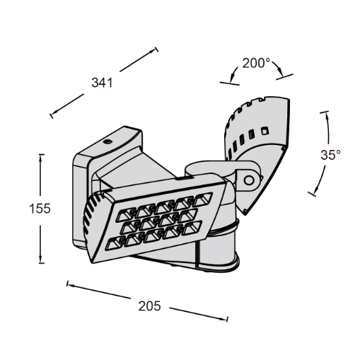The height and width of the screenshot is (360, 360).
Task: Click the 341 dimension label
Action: tap(102, 83)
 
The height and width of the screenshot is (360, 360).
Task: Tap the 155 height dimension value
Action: tap(40, 209)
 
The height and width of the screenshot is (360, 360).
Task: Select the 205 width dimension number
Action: tap(149, 306)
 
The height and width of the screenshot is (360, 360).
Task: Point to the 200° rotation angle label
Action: tap(256, 63)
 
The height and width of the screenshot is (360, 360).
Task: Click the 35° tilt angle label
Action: tap(330, 155)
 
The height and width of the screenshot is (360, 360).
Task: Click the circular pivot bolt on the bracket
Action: tap(249, 180)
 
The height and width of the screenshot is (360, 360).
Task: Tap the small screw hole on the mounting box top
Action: tap(108, 141)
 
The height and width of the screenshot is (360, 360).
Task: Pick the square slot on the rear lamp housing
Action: tap(265, 130)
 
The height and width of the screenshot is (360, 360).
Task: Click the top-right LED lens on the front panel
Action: tap(203, 199)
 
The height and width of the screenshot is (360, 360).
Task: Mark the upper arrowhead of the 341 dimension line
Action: tap(153, 52)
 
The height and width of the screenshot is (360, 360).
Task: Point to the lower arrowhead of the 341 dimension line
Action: tap(54, 113)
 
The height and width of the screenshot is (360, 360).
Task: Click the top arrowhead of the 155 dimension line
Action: tap(40, 158)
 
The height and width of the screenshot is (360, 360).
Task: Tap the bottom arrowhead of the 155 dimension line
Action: tap(40, 259)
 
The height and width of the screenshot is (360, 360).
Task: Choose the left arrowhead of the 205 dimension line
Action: tap(71, 285)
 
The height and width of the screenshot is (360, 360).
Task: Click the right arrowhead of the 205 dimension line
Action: tap(223, 319)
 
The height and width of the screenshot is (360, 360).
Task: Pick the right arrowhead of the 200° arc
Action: tap(280, 71)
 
